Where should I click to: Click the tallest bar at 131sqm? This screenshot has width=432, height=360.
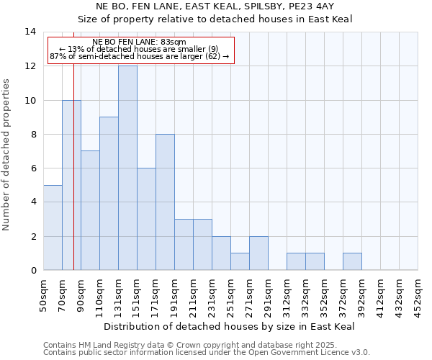point(127,168)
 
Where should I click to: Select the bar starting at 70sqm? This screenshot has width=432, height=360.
point(71,185)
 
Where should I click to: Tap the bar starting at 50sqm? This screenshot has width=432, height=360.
point(53,228)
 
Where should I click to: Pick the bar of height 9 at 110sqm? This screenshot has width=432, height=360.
point(109,194)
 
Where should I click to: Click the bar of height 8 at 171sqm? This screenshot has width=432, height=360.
point(165,202)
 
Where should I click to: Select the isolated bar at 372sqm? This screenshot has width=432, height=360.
point(352,262)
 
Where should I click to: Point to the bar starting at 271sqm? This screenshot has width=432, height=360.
point(258,253)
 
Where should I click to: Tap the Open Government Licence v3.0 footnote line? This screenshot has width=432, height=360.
point(207,353)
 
